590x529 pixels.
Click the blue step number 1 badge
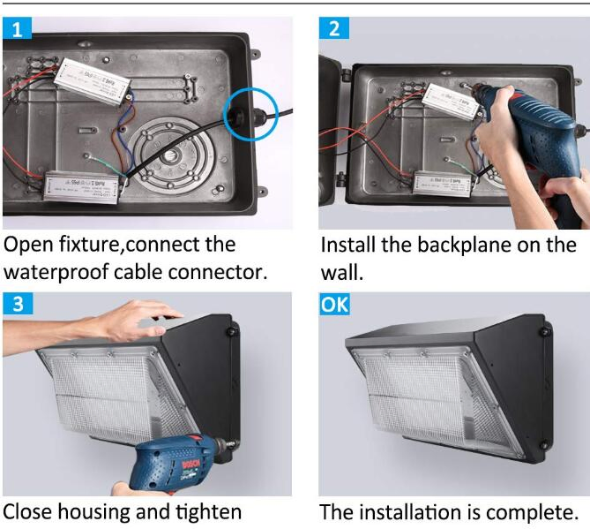pyautogui.click(x=17, y=28)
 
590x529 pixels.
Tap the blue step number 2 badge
pyautogui.click(x=333, y=28)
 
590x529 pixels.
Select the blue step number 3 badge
pyautogui.click(x=18, y=303)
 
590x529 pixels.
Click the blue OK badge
pyautogui.click(x=334, y=304)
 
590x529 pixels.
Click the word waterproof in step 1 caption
pyautogui.click(x=56, y=272)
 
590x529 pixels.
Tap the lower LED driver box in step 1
pyautogui.click(x=82, y=187)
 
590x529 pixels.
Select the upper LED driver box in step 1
pyautogui.click(x=93, y=81)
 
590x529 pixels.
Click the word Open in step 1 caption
pyautogui.click(x=28, y=246)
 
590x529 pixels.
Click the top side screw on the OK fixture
pyautogui.click(x=544, y=332)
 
